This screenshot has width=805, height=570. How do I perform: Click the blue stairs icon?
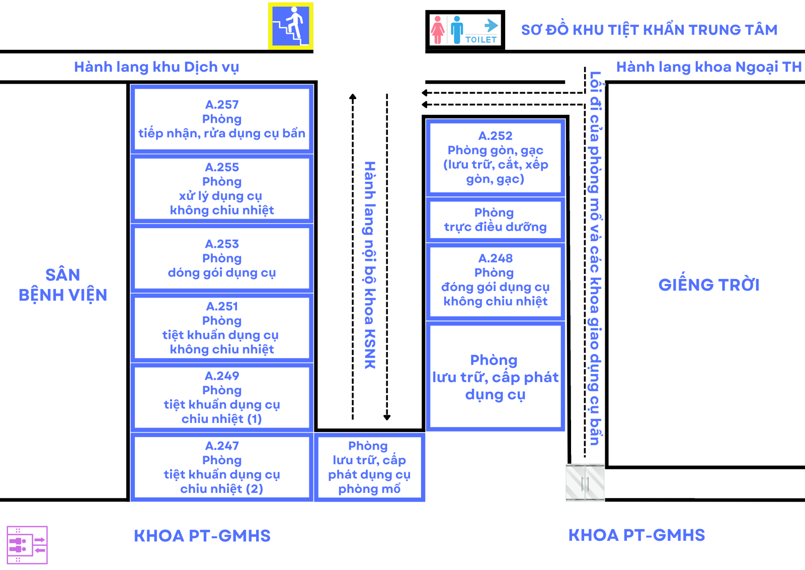point(291,26)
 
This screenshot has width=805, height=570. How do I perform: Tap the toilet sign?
point(465,31)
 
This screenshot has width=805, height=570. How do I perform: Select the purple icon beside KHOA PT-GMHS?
point(27,545)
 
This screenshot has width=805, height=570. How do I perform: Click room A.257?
point(222,119)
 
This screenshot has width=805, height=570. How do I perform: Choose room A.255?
point(222,188)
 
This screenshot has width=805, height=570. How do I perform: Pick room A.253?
point(222,258)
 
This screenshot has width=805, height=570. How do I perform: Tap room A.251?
point(222,328)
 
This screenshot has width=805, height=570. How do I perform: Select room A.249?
point(222,397)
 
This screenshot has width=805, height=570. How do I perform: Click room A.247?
point(222,467)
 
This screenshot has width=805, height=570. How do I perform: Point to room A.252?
point(495,157)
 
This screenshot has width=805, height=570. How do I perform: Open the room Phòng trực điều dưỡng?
point(495,220)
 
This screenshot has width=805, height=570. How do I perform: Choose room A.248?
point(495,280)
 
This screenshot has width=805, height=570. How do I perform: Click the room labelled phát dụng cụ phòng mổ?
point(369,467)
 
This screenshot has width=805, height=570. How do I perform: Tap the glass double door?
point(585,483)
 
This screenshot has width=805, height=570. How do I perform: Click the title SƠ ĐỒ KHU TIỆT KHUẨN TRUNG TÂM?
point(649,30)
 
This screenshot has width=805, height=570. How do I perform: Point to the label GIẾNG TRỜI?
point(709,285)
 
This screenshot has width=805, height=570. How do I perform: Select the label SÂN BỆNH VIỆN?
point(63,285)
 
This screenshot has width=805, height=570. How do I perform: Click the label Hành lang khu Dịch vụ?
point(156,67)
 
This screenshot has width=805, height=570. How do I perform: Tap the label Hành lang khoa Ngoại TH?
point(708,67)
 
